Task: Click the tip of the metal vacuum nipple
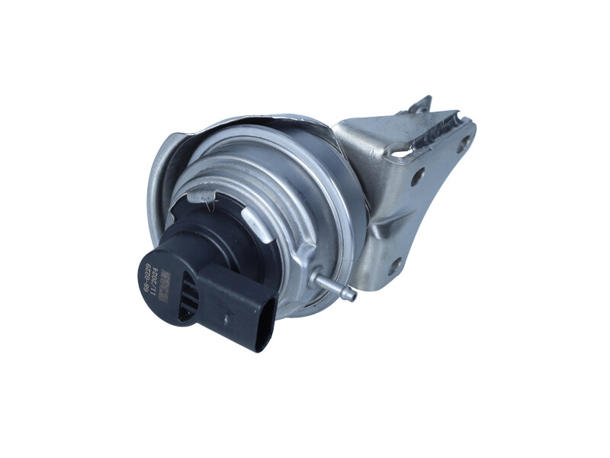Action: (x=352, y=291)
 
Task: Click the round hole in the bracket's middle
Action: (x=417, y=178)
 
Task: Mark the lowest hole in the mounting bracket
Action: (x=395, y=266)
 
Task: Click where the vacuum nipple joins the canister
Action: (x=320, y=279)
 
